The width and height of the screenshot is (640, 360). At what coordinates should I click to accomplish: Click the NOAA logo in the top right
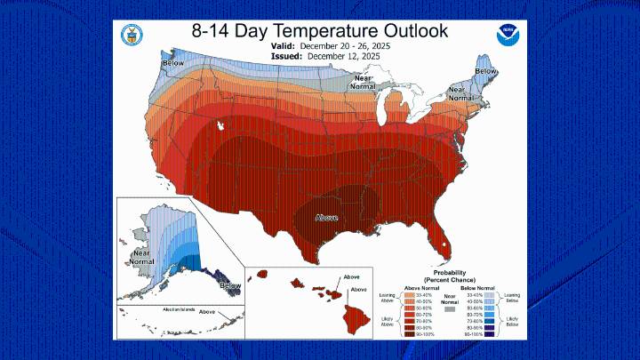506,36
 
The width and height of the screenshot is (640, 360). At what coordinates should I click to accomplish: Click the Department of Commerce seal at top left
132,36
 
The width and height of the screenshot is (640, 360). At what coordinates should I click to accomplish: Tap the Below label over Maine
485,70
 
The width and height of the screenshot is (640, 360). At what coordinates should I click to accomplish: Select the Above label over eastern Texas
325,216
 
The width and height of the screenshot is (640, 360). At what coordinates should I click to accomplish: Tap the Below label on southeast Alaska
229,285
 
